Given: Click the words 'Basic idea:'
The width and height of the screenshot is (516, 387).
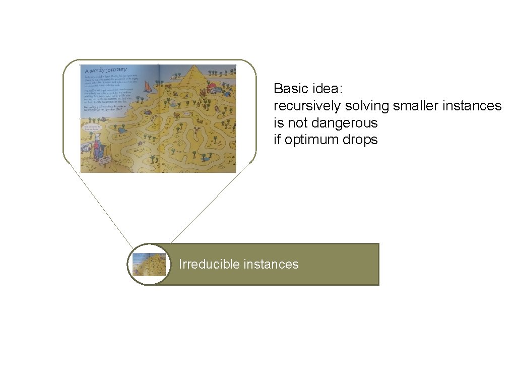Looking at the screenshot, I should pos(308,89).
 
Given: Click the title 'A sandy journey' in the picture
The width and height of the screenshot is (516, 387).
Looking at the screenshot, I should pos(106,70).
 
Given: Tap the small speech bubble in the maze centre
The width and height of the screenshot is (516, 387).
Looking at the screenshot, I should pos(187,114).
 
